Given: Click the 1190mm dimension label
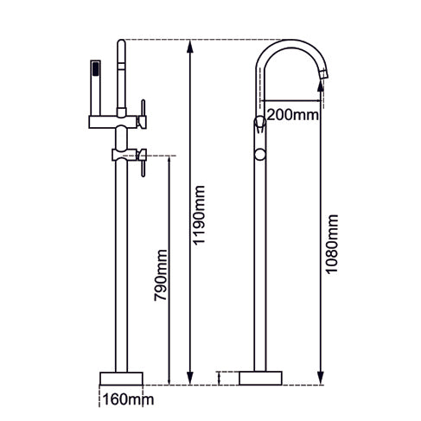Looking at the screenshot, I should coord(201,214).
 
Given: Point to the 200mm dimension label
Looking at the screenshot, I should coord(290,114).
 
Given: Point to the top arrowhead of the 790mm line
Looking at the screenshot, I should coord(168,159).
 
